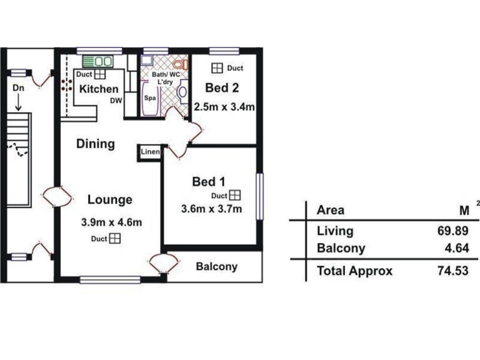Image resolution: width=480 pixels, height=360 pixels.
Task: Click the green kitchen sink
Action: coord(98,62)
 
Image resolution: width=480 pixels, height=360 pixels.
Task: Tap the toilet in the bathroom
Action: coord(181,64)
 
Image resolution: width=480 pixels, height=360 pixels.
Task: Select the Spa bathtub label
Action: coord(150,98)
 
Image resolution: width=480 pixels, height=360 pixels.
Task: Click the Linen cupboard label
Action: coord(151,152)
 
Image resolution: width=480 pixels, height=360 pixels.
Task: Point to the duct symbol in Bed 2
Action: coord(217,68)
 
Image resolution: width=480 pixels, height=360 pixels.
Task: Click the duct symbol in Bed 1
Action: coord(235,196)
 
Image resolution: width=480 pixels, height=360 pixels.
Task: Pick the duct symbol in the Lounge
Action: coord(115,238)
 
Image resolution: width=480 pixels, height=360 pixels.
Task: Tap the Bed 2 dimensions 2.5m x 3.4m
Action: coord(224,107)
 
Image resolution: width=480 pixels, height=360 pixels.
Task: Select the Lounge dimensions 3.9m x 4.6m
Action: coord(112,222)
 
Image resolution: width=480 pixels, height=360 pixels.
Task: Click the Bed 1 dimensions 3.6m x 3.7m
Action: coord(212,209)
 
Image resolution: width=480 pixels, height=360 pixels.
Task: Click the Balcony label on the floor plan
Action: coord(217,266)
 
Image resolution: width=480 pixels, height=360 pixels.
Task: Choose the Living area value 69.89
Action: coord(453,231)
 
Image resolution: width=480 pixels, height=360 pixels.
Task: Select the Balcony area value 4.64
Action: coord(457,248)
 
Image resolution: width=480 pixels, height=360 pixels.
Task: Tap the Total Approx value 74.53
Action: coord(453,271)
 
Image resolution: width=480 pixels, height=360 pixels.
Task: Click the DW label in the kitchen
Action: coord(116,101)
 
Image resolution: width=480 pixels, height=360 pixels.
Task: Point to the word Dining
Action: coord(95,144)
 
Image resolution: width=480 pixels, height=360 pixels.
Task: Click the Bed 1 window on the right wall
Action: coord(260,197)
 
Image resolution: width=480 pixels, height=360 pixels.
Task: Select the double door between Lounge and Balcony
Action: coord(163,263)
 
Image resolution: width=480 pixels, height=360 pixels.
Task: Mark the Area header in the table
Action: coord(331,211)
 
